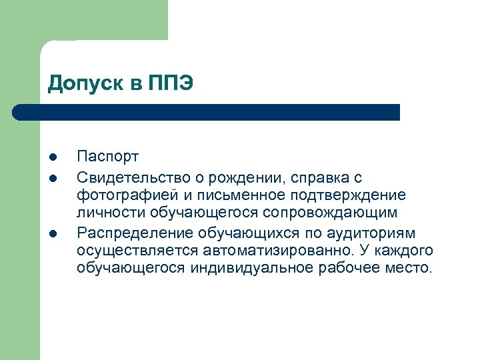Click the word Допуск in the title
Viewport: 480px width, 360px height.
pos(84,85)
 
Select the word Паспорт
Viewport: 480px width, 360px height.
pos(108,157)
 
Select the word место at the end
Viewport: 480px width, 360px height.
pos(411,269)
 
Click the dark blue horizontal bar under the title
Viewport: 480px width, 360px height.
pos(207,112)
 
